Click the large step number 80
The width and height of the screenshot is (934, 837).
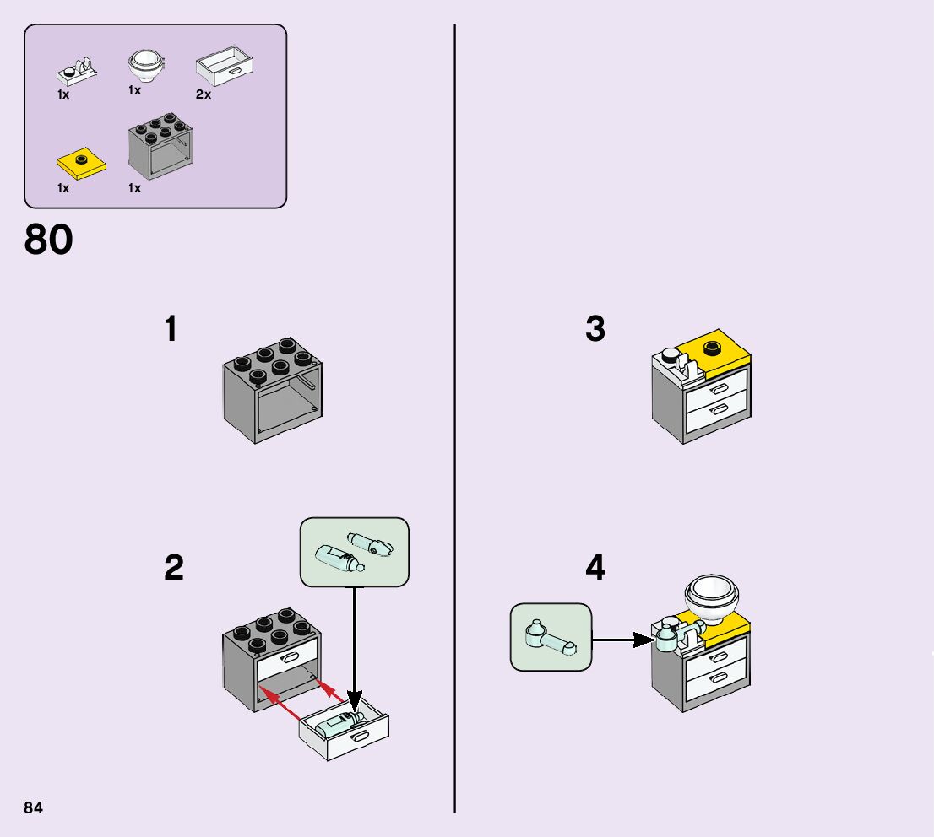49,240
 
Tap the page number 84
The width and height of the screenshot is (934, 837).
33,807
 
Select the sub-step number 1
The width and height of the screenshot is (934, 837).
171,329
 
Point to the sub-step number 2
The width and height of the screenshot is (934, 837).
173,568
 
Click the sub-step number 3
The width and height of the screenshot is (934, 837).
595,329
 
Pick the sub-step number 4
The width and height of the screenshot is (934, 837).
595,568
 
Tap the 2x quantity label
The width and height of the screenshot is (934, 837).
203,94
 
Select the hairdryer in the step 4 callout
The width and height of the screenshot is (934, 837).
549,638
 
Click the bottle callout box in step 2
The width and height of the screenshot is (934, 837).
355,552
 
